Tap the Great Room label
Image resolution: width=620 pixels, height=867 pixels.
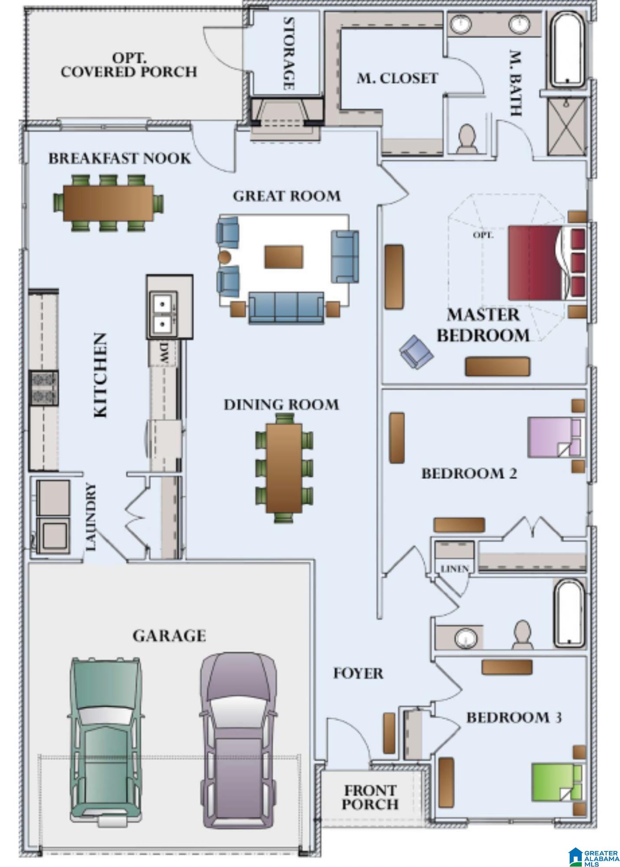click(x=287, y=196)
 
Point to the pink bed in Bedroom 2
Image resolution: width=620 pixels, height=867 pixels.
click(x=554, y=437)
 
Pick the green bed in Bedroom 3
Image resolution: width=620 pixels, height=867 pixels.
click(x=557, y=783)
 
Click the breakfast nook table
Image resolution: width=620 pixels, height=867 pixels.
click(x=108, y=203)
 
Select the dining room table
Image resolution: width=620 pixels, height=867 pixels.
click(x=284, y=468)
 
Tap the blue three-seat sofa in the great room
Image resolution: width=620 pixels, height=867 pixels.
click(x=286, y=307)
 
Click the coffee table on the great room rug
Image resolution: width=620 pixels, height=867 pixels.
click(x=284, y=256)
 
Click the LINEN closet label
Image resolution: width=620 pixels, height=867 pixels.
click(x=454, y=568)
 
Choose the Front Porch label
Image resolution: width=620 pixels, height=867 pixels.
click(x=370, y=798)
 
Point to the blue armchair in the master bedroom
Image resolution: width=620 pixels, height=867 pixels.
click(x=416, y=352)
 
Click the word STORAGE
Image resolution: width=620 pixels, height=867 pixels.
click(x=289, y=53)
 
